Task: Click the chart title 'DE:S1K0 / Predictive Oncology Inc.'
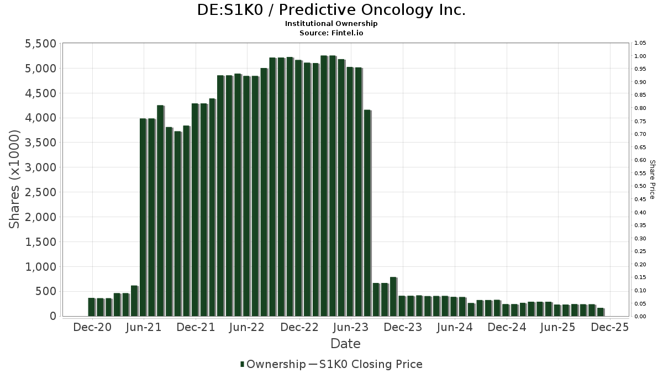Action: coord(331,10)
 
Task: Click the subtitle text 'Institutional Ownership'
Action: coord(331,24)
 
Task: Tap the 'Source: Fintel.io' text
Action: coord(331,33)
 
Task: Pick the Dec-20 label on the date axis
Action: coord(92,327)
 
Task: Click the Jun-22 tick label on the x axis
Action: coord(247,327)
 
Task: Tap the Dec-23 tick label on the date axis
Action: coord(403,327)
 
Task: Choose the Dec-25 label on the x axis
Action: coord(610,327)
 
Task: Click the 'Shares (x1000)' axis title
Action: coord(15,180)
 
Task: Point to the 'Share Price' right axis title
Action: coord(652,180)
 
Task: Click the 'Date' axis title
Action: coord(345,344)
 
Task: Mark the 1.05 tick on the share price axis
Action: coord(640,43)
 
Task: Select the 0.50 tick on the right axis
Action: coord(640,186)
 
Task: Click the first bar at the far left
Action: coord(91,307)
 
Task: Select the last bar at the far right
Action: coord(601,312)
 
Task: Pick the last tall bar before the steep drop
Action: coord(367,213)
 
